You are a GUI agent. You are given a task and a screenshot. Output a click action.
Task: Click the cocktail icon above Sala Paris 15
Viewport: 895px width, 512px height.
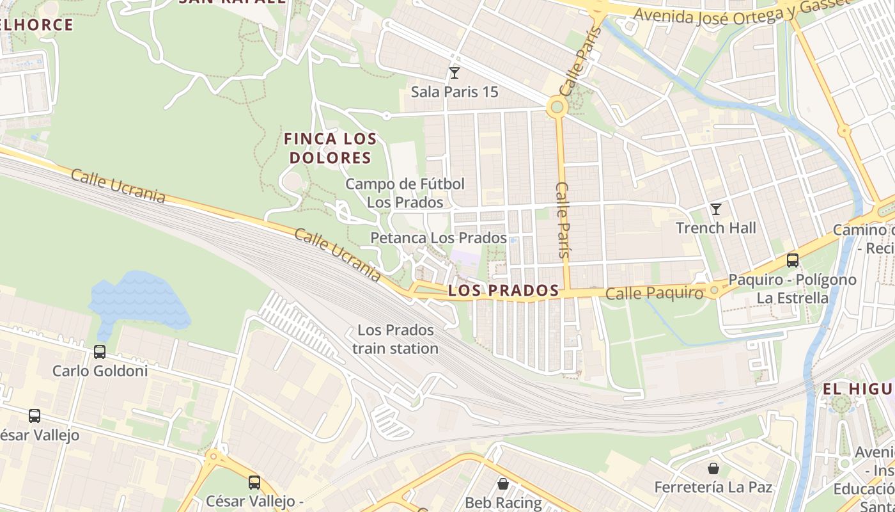(x=454, y=73)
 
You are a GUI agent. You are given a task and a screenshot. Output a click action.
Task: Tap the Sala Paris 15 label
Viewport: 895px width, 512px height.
(x=454, y=92)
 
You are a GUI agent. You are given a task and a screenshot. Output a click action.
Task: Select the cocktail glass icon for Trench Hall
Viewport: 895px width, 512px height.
(x=715, y=209)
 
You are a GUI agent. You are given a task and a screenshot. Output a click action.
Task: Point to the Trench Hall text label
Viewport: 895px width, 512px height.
(x=715, y=228)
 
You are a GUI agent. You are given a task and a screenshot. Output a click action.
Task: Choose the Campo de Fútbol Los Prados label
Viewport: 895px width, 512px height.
(x=405, y=193)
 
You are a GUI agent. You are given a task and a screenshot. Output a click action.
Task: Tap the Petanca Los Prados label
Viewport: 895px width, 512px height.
(x=439, y=238)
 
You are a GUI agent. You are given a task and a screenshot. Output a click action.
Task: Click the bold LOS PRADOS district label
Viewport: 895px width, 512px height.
(x=504, y=291)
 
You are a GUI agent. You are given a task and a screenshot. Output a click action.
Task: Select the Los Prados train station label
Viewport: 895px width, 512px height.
(x=395, y=339)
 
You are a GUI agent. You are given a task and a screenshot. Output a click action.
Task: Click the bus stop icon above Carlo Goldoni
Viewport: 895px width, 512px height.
(x=99, y=352)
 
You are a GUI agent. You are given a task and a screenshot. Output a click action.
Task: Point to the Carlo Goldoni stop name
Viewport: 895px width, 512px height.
(x=100, y=371)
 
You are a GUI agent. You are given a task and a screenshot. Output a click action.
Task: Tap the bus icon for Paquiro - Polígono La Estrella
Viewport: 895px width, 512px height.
(x=793, y=260)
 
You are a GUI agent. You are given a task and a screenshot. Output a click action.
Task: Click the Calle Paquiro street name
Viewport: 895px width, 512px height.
(x=654, y=293)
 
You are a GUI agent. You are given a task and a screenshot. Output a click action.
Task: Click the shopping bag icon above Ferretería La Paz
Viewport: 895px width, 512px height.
(x=713, y=468)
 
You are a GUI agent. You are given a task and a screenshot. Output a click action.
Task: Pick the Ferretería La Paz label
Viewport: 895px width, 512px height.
(x=713, y=487)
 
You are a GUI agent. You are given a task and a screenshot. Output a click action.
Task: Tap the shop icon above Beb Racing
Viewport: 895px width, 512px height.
(x=503, y=483)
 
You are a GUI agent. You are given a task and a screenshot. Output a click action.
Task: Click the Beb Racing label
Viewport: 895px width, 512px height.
(x=503, y=502)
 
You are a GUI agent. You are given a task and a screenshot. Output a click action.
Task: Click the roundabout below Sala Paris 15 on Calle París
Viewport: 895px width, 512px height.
(x=557, y=107)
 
